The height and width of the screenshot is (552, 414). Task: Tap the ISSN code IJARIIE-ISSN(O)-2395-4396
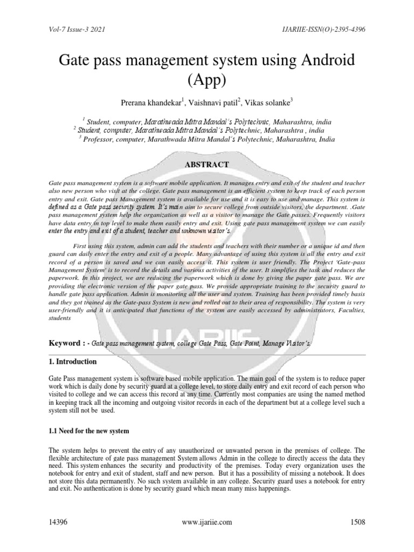318,29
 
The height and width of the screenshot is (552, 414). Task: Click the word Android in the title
320,61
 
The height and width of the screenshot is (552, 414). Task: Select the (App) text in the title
207,80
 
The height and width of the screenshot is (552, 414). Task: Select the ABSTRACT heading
207,164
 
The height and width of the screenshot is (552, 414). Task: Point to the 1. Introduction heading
73,362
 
